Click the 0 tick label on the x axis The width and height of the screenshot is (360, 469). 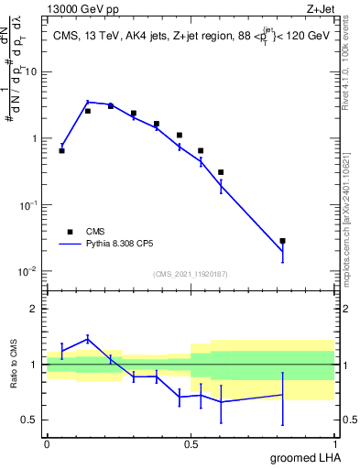pos(47,442)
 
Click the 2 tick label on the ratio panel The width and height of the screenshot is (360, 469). pos(35,309)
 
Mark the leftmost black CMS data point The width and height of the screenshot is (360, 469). pos(61,150)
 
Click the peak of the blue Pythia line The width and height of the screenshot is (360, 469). pos(88,102)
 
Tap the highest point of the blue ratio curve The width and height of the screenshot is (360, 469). pos(88,338)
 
